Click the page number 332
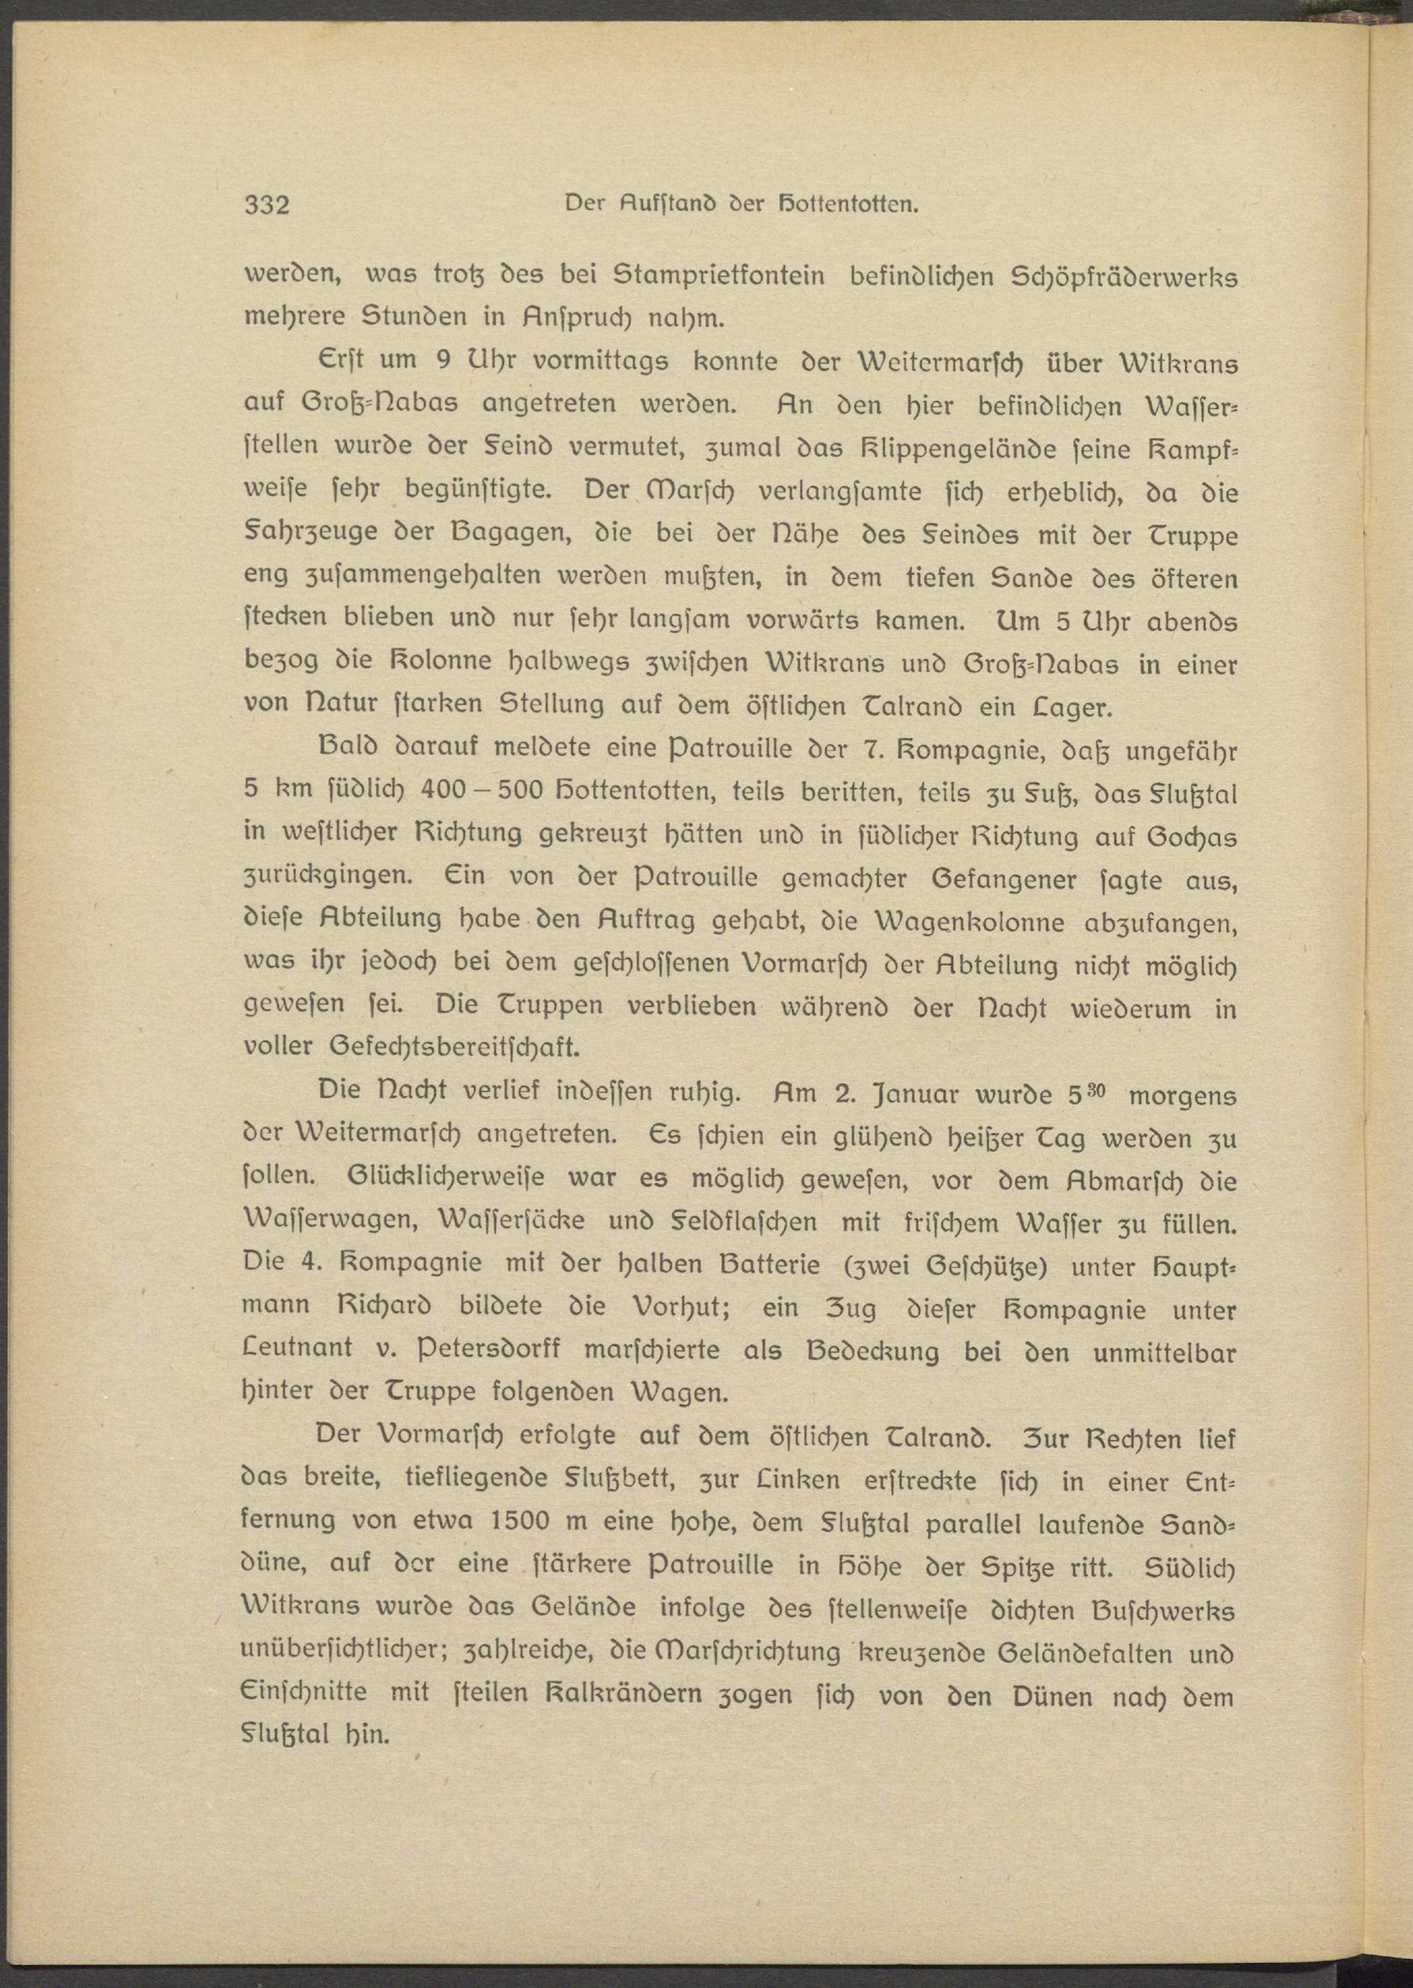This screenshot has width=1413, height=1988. point(267,206)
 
